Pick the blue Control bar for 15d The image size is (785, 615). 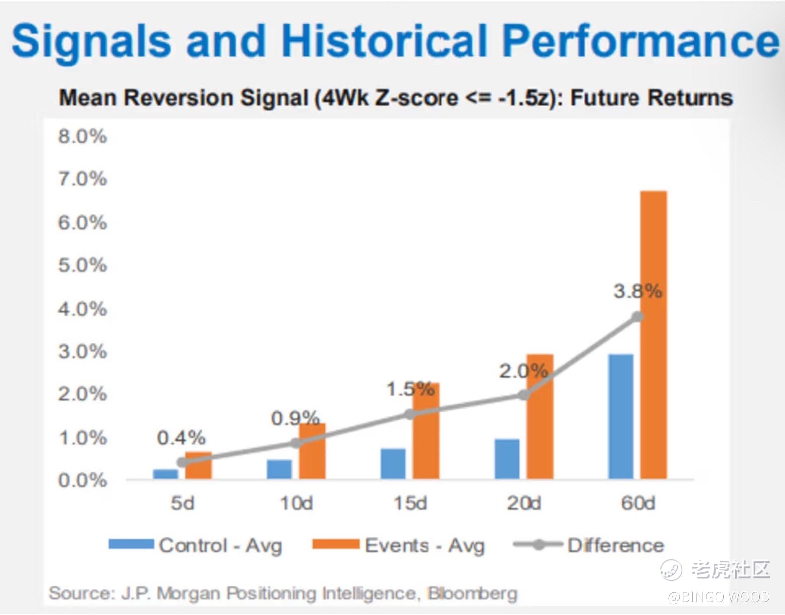(x=393, y=464)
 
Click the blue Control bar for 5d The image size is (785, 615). (x=165, y=474)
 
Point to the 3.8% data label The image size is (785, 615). (x=637, y=291)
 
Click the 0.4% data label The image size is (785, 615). (x=181, y=438)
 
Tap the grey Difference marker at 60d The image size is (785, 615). (x=637, y=317)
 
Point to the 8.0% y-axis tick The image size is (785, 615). (x=82, y=136)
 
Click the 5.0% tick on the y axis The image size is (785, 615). (x=82, y=265)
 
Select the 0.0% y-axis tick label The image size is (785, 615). (x=82, y=480)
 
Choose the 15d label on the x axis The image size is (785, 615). (x=410, y=503)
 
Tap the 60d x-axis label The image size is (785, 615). (x=638, y=503)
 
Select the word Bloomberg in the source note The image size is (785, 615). (x=473, y=593)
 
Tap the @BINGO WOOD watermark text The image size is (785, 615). (x=719, y=597)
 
